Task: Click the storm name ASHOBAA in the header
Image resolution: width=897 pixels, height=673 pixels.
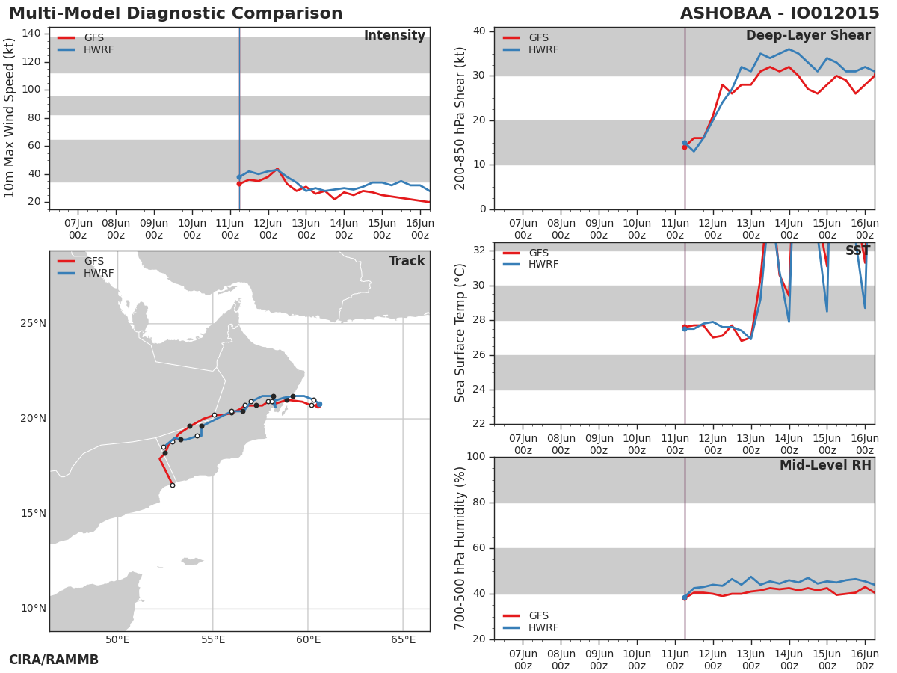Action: (x=725, y=13)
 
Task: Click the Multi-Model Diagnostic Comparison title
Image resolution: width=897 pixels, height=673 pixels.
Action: (x=176, y=13)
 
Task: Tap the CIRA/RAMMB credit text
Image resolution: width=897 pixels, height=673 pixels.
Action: (x=54, y=660)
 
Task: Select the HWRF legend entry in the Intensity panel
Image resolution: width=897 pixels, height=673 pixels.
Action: (x=86, y=49)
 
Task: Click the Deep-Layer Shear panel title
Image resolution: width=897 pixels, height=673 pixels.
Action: (x=808, y=36)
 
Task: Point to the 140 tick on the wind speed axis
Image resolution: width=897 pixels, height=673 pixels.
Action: (x=31, y=33)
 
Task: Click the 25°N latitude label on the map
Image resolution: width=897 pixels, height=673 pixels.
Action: (x=33, y=324)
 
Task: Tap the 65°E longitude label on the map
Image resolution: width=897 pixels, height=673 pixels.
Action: (x=403, y=639)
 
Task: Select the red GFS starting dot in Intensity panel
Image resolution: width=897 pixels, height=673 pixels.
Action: (x=239, y=184)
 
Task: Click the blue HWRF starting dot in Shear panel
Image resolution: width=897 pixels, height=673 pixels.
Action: (x=685, y=143)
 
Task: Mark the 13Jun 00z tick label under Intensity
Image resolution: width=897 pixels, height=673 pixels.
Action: (x=306, y=230)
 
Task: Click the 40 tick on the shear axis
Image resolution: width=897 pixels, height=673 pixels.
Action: (x=479, y=31)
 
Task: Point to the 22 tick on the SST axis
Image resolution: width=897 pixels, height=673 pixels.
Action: (x=479, y=424)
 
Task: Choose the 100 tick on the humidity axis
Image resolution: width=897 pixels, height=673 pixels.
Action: (x=476, y=456)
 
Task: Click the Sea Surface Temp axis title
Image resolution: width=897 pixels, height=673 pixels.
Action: (x=460, y=333)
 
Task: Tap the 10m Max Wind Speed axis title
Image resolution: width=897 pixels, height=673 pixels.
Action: (x=9, y=118)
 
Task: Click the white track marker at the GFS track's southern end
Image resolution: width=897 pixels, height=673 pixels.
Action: (x=173, y=485)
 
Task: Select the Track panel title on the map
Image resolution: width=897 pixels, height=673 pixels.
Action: (x=407, y=261)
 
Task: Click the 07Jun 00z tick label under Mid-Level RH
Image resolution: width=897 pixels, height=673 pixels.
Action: (x=523, y=660)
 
